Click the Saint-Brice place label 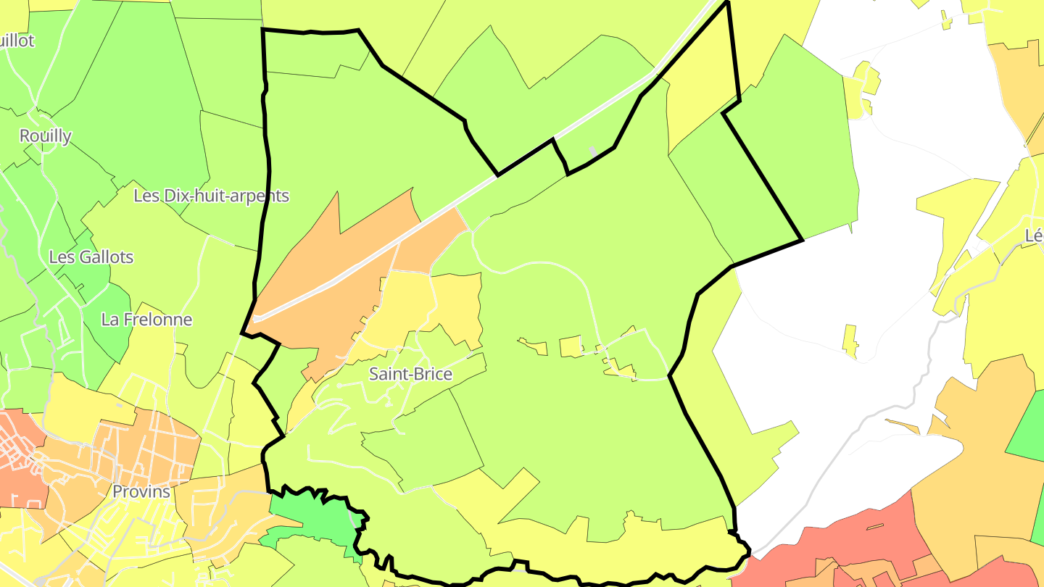pos(410,374)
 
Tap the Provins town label pos(141,491)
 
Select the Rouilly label pos(46,136)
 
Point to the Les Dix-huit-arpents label pos(211,196)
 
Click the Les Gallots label pos(91,257)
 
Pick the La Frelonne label pos(146,320)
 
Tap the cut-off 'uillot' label pos(17,41)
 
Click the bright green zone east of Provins pos(312,518)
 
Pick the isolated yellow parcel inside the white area pos(850,341)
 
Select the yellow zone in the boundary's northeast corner pos(700,94)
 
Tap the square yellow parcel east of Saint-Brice pos(571,346)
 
